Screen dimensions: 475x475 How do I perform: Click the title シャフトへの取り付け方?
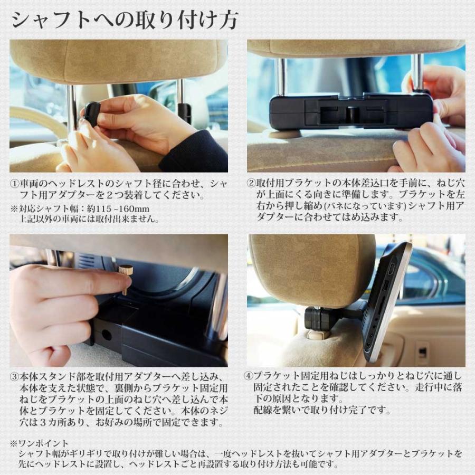[x=125, y=20]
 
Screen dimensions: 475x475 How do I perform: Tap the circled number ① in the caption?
[x=15, y=184]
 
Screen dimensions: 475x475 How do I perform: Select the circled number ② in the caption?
[x=252, y=184]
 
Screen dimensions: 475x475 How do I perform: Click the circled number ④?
[x=252, y=377]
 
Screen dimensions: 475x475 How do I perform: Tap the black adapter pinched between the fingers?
[x=92, y=113]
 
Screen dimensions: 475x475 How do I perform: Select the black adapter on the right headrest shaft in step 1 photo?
[x=184, y=111]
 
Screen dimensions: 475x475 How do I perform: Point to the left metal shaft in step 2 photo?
[x=281, y=77]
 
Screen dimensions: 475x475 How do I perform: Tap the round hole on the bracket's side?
[x=106, y=335]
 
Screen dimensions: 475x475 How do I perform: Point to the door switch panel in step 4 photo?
[x=422, y=351]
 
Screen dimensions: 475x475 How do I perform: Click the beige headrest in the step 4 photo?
[x=311, y=269]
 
